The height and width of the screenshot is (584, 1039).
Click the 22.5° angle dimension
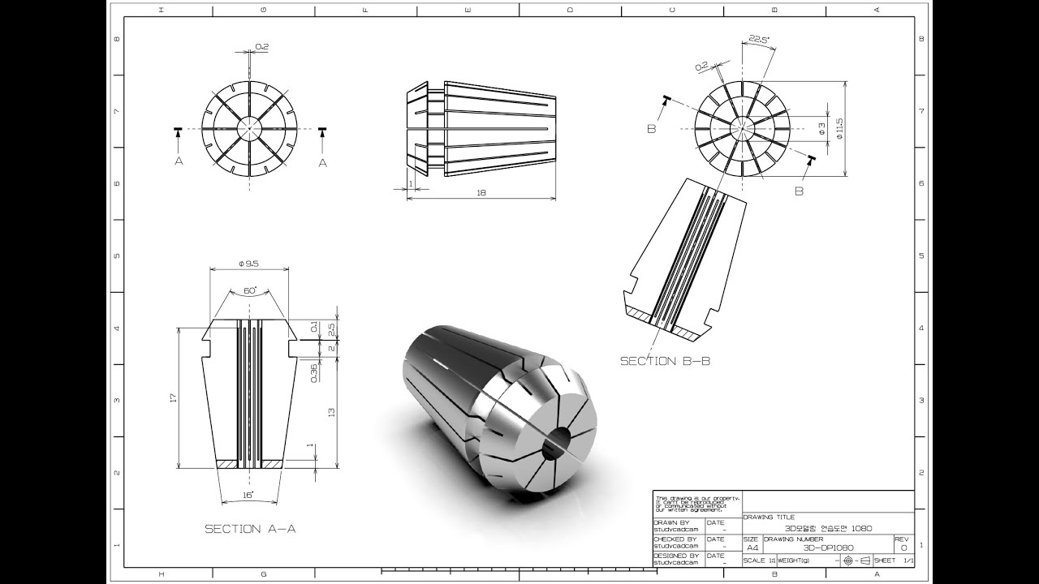click(759, 40)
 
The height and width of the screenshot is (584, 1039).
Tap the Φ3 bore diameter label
click(821, 128)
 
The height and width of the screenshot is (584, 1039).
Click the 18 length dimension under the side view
click(481, 192)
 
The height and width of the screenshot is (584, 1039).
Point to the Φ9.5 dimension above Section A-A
click(248, 264)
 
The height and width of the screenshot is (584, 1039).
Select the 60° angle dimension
click(248, 290)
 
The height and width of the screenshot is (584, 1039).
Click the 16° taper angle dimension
click(248, 493)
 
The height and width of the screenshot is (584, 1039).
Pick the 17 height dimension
click(173, 398)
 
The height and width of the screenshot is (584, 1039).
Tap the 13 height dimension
click(331, 412)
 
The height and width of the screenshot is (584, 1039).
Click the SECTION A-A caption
click(249, 529)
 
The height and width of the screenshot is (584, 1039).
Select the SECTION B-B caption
click(665, 361)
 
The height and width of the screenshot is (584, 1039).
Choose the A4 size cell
click(752, 547)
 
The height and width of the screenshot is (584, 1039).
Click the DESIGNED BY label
click(675, 556)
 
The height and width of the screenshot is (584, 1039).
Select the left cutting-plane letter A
click(179, 161)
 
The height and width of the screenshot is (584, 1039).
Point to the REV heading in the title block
click(902, 539)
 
